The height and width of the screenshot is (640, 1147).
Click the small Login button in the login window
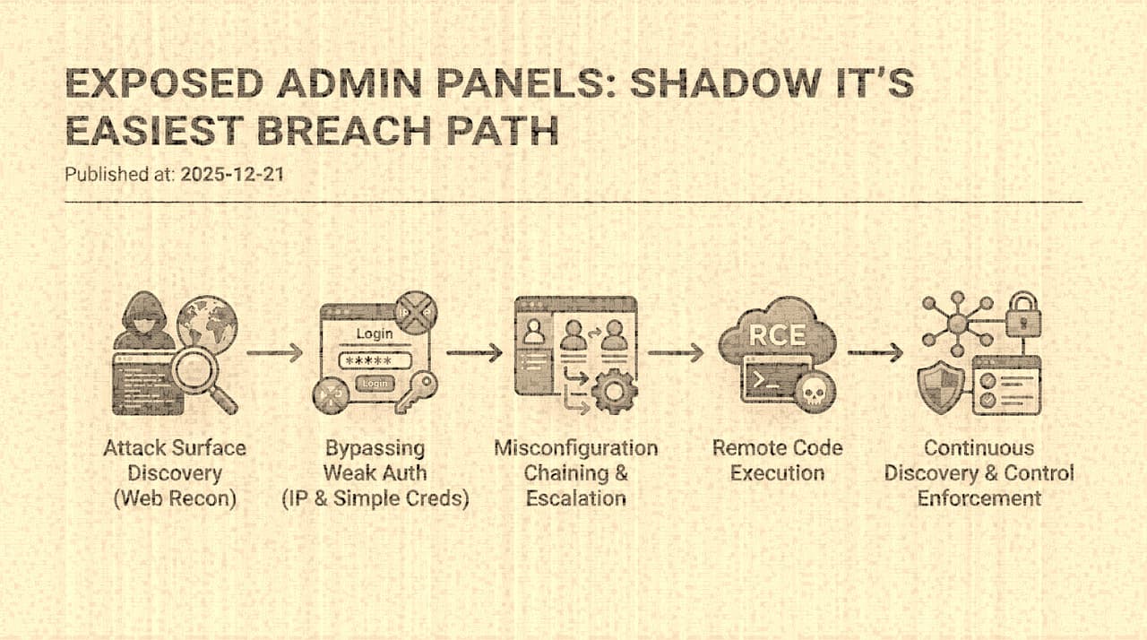pyautogui.click(x=375, y=384)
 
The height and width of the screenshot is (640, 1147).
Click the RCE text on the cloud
pyautogui.click(x=777, y=337)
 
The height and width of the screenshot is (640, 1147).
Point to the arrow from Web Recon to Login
pyautogui.click(x=275, y=353)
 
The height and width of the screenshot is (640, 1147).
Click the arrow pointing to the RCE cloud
pyautogui.click(x=677, y=353)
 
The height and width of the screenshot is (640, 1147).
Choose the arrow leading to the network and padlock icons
pyautogui.click(x=875, y=353)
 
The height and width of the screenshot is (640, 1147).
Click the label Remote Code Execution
pyautogui.click(x=777, y=460)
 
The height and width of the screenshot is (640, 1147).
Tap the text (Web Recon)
pyautogui.click(x=175, y=498)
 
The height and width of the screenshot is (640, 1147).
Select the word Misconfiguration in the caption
pyautogui.click(x=576, y=447)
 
